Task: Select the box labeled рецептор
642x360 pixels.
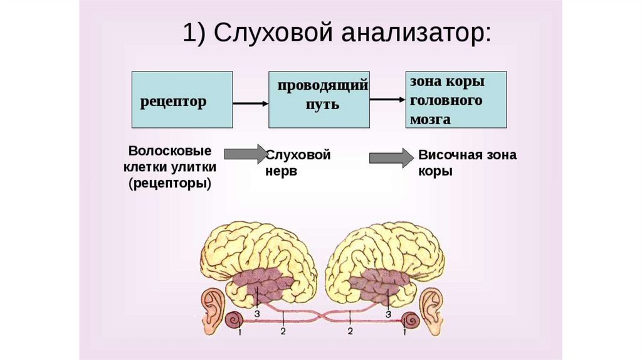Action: (x=181, y=100)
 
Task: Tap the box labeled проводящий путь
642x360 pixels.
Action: (x=319, y=100)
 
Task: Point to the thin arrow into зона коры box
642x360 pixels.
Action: (x=387, y=99)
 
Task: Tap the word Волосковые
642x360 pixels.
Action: (x=169, y=152)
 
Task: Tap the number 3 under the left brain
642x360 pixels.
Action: (x=256, y=312)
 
